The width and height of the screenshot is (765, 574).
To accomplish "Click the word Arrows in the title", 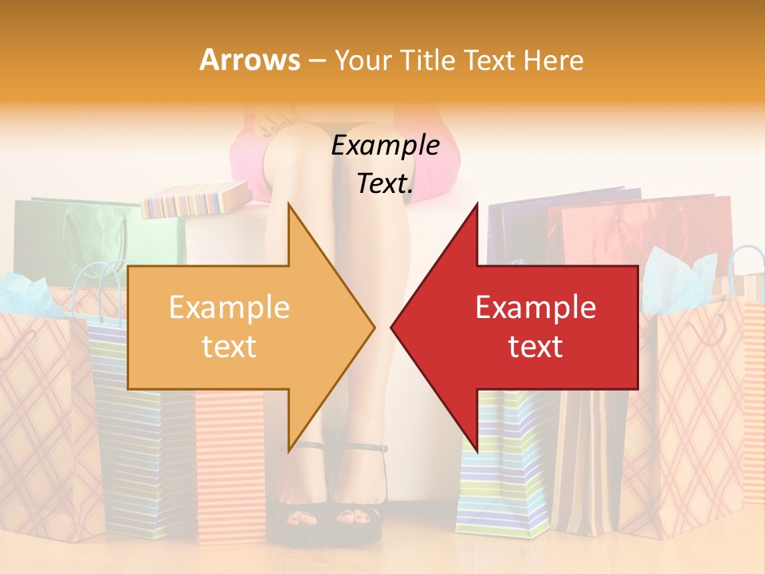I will coord(249,60).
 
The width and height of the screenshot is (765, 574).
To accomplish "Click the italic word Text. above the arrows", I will coord(385,184).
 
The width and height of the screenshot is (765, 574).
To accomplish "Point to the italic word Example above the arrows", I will coord(385,146).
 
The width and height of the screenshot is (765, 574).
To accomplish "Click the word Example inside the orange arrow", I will coord(229,307).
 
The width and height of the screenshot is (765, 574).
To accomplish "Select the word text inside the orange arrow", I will coord(229,346).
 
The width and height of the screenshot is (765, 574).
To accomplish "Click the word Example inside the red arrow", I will coord(535,307).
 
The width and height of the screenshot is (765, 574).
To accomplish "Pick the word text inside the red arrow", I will coord(535,346).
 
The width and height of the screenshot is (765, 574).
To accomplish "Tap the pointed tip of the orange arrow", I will coord(373,326).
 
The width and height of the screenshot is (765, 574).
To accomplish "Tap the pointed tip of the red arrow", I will coord(393,326).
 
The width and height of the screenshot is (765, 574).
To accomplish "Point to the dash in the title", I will coord(316,61).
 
